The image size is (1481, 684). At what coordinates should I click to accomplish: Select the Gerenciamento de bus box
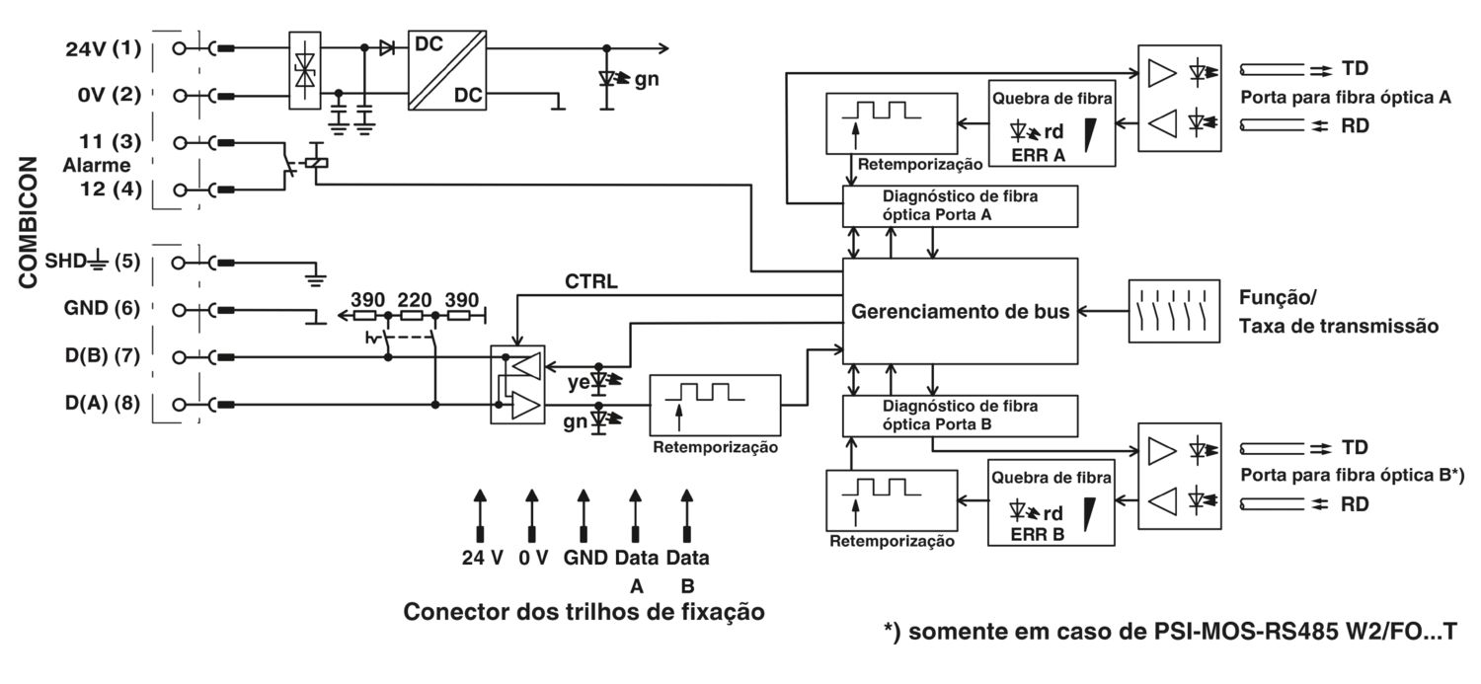tap(959, 312)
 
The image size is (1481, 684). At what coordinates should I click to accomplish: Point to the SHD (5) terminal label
tap(94, 263)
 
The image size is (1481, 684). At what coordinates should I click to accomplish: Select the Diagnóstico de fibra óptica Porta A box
tap(959, 204)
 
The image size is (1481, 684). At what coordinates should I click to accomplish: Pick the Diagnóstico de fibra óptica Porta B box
tap(959, 415)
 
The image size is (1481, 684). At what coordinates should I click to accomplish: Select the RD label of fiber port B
tap(1354, 503)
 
